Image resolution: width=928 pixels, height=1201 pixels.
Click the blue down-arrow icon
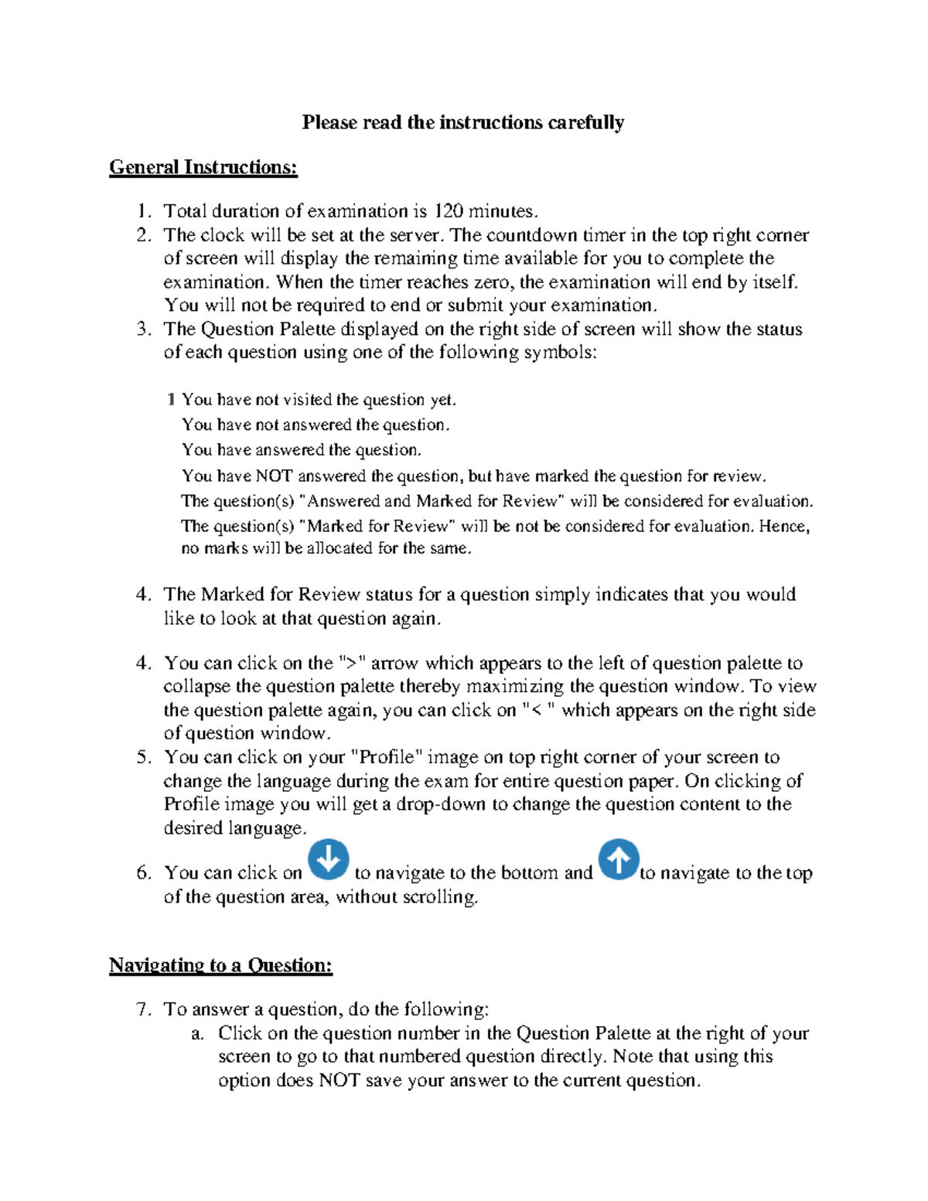pos(329,859)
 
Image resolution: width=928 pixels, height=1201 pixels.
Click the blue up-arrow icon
pos(619,859)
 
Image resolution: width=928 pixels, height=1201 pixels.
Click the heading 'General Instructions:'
pos(203,167)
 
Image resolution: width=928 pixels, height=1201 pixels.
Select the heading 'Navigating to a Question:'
pos(220,965)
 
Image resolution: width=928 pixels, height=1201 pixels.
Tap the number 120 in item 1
pos(448,211)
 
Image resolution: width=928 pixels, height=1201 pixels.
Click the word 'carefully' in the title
pos(585,122)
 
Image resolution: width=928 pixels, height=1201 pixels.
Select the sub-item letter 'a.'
pos(197,1033)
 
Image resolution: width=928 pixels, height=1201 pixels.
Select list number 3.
pos(143,329)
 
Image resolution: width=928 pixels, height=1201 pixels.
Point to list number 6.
pos(143,873)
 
